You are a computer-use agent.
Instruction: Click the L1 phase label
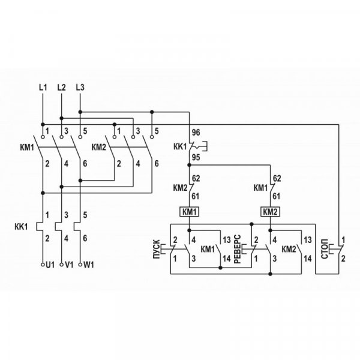pyautogui.click(x=42, y=88)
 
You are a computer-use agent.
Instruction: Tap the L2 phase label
pyautogui.click(x=61, y=88)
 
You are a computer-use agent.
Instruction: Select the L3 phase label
pyautogui.click(x=80, y=88)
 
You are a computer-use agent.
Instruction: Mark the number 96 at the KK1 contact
pyautogui.click(x=196, y=132)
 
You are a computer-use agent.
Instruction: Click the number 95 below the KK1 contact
pyautogui.click(x=196, y=158)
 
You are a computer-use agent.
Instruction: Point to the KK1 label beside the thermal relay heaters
pyautogui.click(x=22, y=227)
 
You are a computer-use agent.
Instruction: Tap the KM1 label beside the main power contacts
pyautogui.click(x=26, y=146)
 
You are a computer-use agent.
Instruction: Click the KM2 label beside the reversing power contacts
pyautogui.click(x=100, y=146)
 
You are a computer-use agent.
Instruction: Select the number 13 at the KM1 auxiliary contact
pyautogui.click(x=226, y=239)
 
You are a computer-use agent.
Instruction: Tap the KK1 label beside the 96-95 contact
pyautogui.click(x=179, y=145)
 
